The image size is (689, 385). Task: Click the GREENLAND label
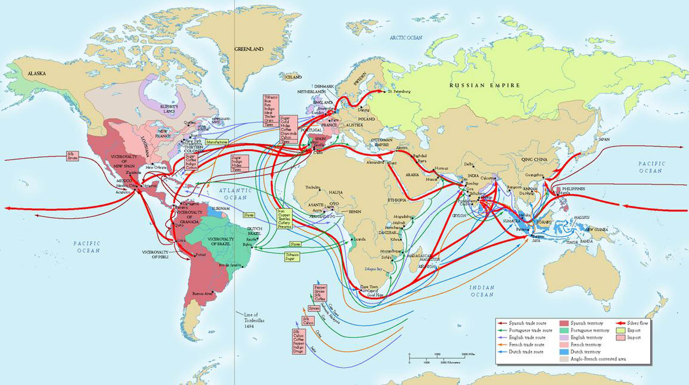pyautogui.click(x=249, y=49)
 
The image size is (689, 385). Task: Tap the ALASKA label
pyautogui.click(x=37, y=73)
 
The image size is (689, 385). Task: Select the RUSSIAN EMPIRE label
pyautogui.click(x=485, y=85)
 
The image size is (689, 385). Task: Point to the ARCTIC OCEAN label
pyautogui.click(x=406, y=38)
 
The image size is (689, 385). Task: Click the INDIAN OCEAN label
pyautogui.click(x=481, y=291)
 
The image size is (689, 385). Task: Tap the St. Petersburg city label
pyautogui.click(x=399, y=91)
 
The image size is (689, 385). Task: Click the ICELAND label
pyautogui.click(x=293, y=77)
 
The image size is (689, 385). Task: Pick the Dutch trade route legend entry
pyautogui.click(x=526, y=352)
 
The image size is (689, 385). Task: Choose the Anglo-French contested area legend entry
pyautogui.click(x=598, y=359)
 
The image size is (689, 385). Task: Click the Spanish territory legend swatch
pyautogui.click(x=564, y=323)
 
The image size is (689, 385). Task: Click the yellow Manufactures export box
pyautogui.click(x=217, y=142)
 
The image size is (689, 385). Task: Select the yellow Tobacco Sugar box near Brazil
pyautogui.click(x=292, y=256)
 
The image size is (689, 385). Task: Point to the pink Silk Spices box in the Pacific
pyautogui.click(x=72, y=156)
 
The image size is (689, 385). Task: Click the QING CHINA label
pyautogui.click(x=534, y=159)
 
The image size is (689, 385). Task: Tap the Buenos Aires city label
pyautogui.click(x=202, y=294)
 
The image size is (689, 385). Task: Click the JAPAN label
pyautogui.click(x=604, y=140)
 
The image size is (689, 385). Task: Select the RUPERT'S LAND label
pyautogui.click(x=169, y=109)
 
